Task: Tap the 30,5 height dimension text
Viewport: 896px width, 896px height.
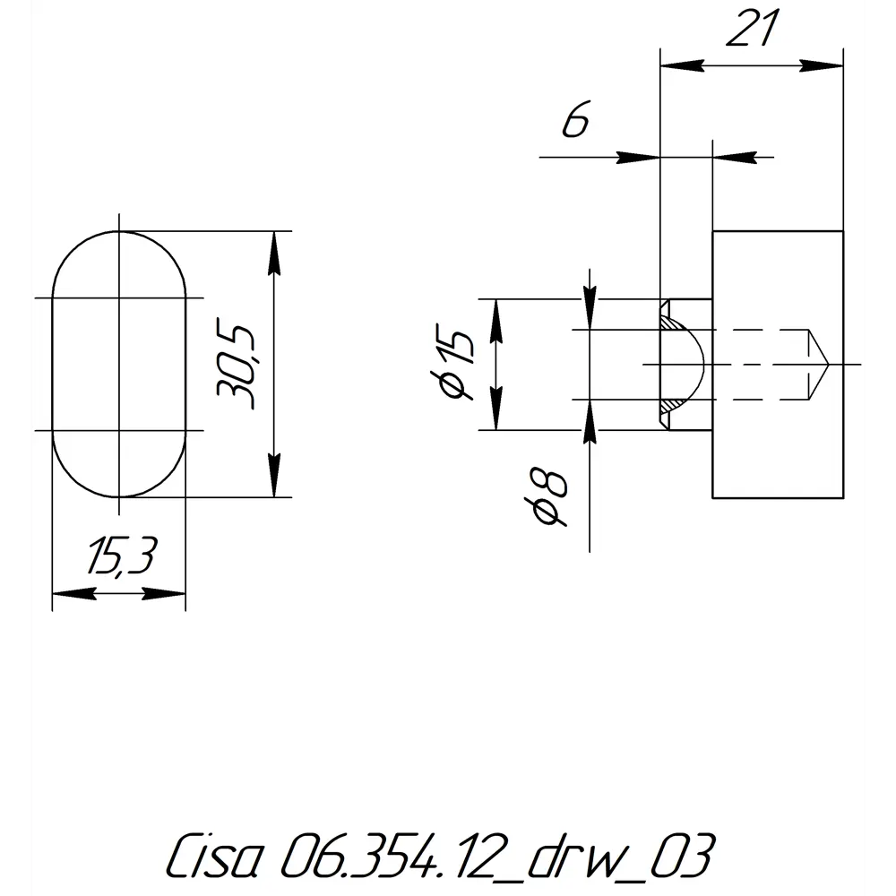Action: tap(236, 366)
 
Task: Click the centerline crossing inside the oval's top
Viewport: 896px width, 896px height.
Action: tap(119, 297)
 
